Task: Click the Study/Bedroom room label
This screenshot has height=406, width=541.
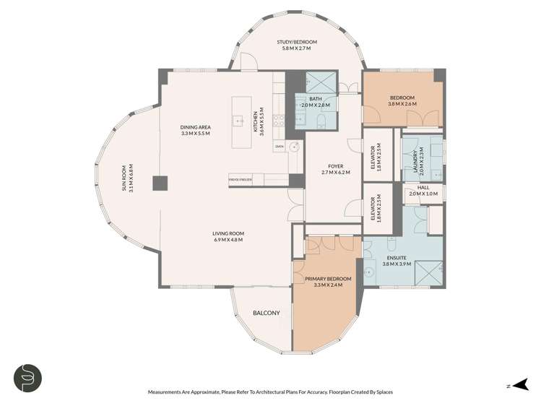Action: coord(297,43)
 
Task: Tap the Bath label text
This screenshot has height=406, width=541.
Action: coord(316,99)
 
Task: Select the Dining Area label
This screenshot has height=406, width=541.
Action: coord(194,128)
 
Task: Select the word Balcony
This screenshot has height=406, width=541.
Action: coord(266,313)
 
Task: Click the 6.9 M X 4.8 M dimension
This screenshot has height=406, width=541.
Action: coord(228,240)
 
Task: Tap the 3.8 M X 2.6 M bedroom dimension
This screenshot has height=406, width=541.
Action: coord(402,104)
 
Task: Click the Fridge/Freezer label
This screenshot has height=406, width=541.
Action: coord(240,178)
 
